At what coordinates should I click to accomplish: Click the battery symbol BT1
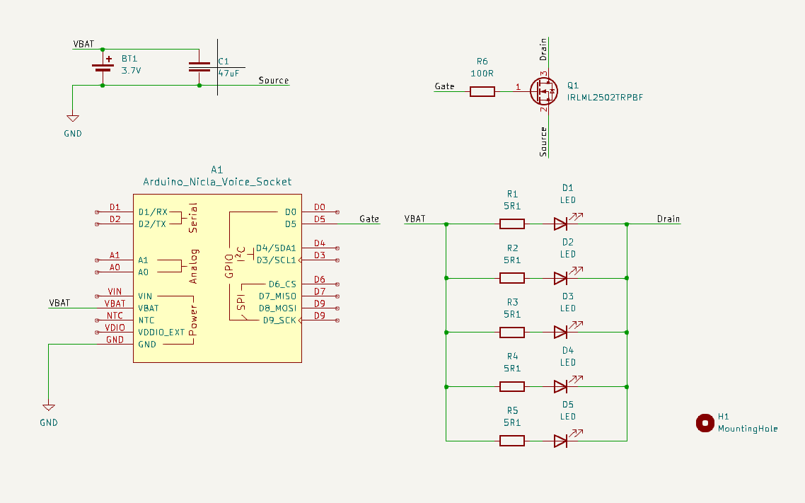(x=103, y=67)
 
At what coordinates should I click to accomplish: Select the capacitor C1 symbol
(x=199, y=67)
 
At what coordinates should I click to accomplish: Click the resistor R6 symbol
(x=482, y=91)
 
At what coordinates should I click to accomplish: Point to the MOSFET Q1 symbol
(x=544, y=91)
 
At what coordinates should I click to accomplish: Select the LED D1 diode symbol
(x=561, y=224)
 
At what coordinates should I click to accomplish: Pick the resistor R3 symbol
(x=512, y=333)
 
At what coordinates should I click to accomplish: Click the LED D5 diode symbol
(x=561, y=441)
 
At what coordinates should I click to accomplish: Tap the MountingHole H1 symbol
(x=705, y=423)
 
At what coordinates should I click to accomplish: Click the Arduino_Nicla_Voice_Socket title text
(x=217, y=182)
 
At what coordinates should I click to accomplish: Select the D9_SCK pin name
(x=279, y=320)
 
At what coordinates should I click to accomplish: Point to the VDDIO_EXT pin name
(x=161, y=332)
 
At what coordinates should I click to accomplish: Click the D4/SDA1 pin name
(x=276, y=248)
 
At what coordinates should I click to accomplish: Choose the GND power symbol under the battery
(x=72, y=119)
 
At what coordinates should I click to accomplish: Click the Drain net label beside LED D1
(x=668, y=219)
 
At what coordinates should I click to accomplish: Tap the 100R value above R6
(x=482, y=73)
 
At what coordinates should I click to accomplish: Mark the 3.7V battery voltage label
(x=132, y=71)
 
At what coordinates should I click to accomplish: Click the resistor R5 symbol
(x=512, y=441)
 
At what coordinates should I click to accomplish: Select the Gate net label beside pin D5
(x=369, y=219)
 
